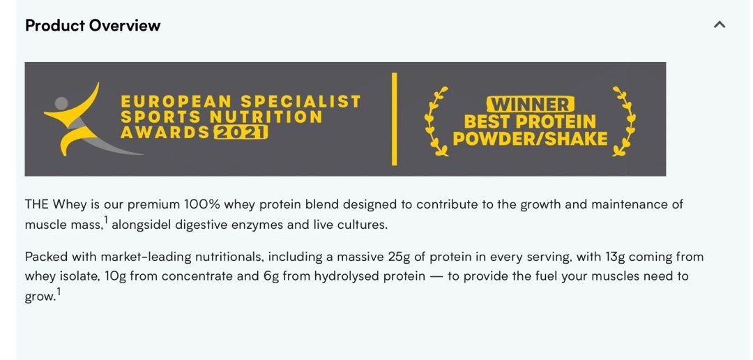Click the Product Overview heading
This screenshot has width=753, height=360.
(93, 26)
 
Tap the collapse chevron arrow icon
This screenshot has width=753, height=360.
(720, 25)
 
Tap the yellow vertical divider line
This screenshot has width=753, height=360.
(395, 119)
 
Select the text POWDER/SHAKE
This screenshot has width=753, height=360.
(530, 139)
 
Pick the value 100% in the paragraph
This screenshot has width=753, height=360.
(202, 204)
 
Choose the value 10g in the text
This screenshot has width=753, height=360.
(116, 276)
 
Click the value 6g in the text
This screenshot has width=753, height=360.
(272, 276)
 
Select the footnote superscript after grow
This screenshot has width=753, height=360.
(59, 292)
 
